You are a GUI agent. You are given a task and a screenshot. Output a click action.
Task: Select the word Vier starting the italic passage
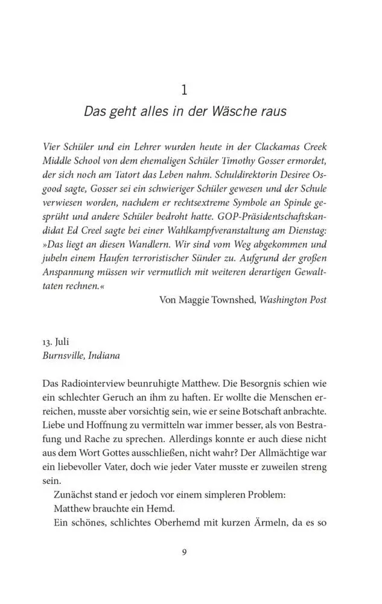click(53, 147)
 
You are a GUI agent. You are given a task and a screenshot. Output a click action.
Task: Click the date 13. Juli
click(57, 341)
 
